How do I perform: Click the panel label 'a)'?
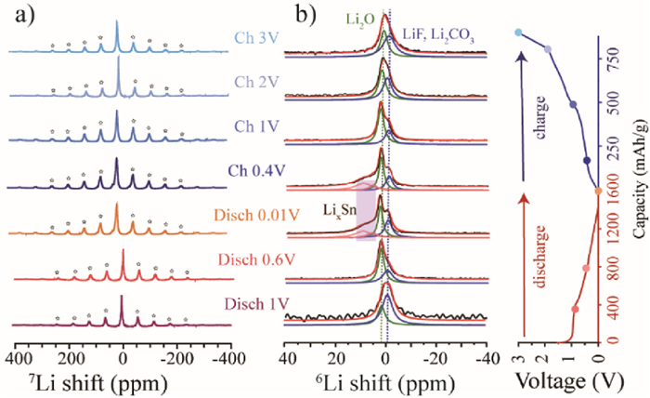click(16, 13)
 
